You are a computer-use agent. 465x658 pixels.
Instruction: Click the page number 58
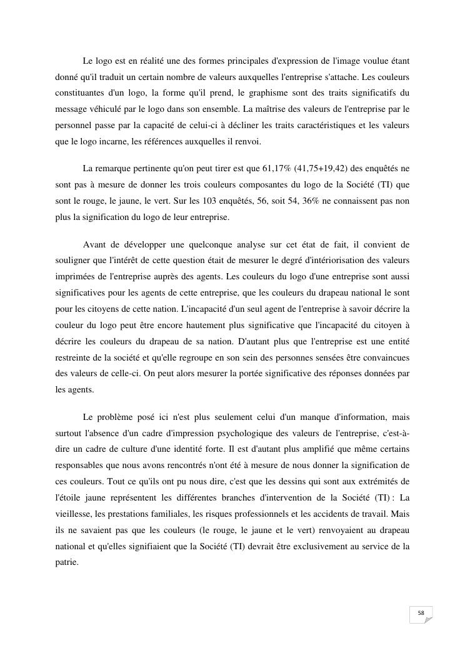coord(421,613)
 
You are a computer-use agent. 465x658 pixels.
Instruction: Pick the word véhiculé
coord(104,109)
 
